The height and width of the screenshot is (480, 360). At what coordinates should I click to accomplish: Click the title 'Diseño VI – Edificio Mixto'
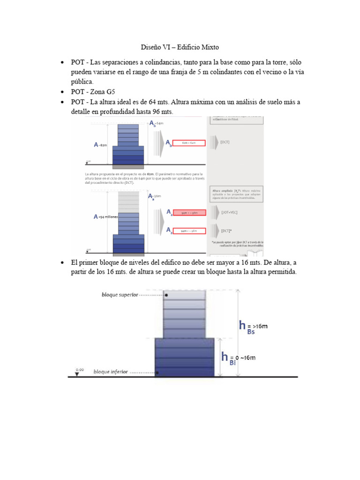(180, 47)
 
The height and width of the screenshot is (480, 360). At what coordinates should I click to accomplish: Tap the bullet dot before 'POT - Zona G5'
(62, 92)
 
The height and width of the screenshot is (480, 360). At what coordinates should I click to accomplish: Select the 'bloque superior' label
(120, 295)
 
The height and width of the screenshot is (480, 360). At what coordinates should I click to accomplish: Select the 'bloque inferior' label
(111, 372)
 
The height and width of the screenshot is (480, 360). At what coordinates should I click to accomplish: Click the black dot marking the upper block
(166, 295)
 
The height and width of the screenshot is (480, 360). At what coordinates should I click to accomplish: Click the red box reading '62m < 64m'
(189, 143)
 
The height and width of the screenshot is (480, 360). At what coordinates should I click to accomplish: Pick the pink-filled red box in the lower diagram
(189, 213)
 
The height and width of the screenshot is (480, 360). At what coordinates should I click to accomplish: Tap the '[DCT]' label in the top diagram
(225, 142)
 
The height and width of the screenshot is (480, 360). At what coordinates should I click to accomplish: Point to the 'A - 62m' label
(100, 145)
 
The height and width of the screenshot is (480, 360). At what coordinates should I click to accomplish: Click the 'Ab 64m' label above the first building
(156, 123)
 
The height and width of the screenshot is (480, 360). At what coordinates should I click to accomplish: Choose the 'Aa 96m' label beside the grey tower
(154, 196)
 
